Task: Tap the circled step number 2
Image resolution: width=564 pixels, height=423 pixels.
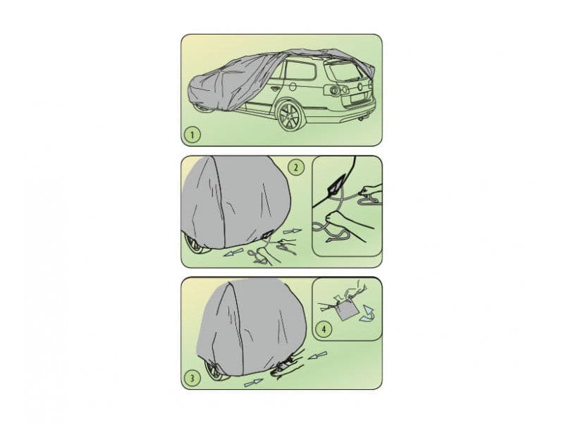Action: (x=297, y=168)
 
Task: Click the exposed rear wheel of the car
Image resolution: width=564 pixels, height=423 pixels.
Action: (x=290, y=116)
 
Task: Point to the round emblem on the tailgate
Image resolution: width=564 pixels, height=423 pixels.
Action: (x=356, y=88)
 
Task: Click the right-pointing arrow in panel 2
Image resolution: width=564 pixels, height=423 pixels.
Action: (x=292, y=230)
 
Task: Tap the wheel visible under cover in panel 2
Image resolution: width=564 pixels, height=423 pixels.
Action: (x=195, y=245)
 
